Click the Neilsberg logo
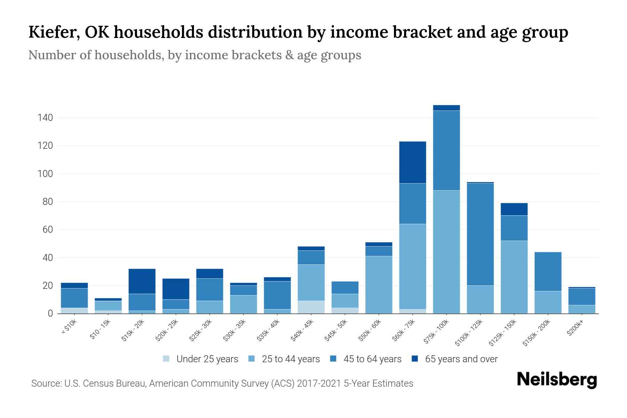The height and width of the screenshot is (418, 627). click(x=557, y=380)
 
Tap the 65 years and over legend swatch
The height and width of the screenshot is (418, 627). click(x=415, y=359)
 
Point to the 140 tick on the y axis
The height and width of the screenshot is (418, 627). click(x=45, y=118)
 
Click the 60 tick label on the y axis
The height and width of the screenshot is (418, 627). click(x=45, y=230)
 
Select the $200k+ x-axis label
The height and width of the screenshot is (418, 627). click(x=575, y=328)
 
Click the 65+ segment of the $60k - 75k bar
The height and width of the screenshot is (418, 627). click(x=412, y=162)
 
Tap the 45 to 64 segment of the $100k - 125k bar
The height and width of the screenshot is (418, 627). click(x=480, y=234)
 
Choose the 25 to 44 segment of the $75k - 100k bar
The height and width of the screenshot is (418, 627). click(x=446, y=251)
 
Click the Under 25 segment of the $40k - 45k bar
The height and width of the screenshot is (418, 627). click(x=311, y=307)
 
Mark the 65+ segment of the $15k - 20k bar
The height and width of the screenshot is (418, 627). click(x=142, y=281)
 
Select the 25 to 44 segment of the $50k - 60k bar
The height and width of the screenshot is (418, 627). click(x=379, y=285)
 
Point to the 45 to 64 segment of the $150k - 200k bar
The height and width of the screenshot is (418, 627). click(x=548, y=271)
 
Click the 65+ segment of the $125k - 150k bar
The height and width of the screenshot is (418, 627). click(x=514, y=209)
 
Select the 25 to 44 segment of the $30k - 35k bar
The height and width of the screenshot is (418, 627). click(x=243, y=304)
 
